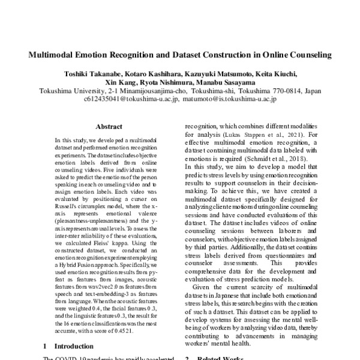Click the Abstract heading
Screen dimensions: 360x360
(109, 127)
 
